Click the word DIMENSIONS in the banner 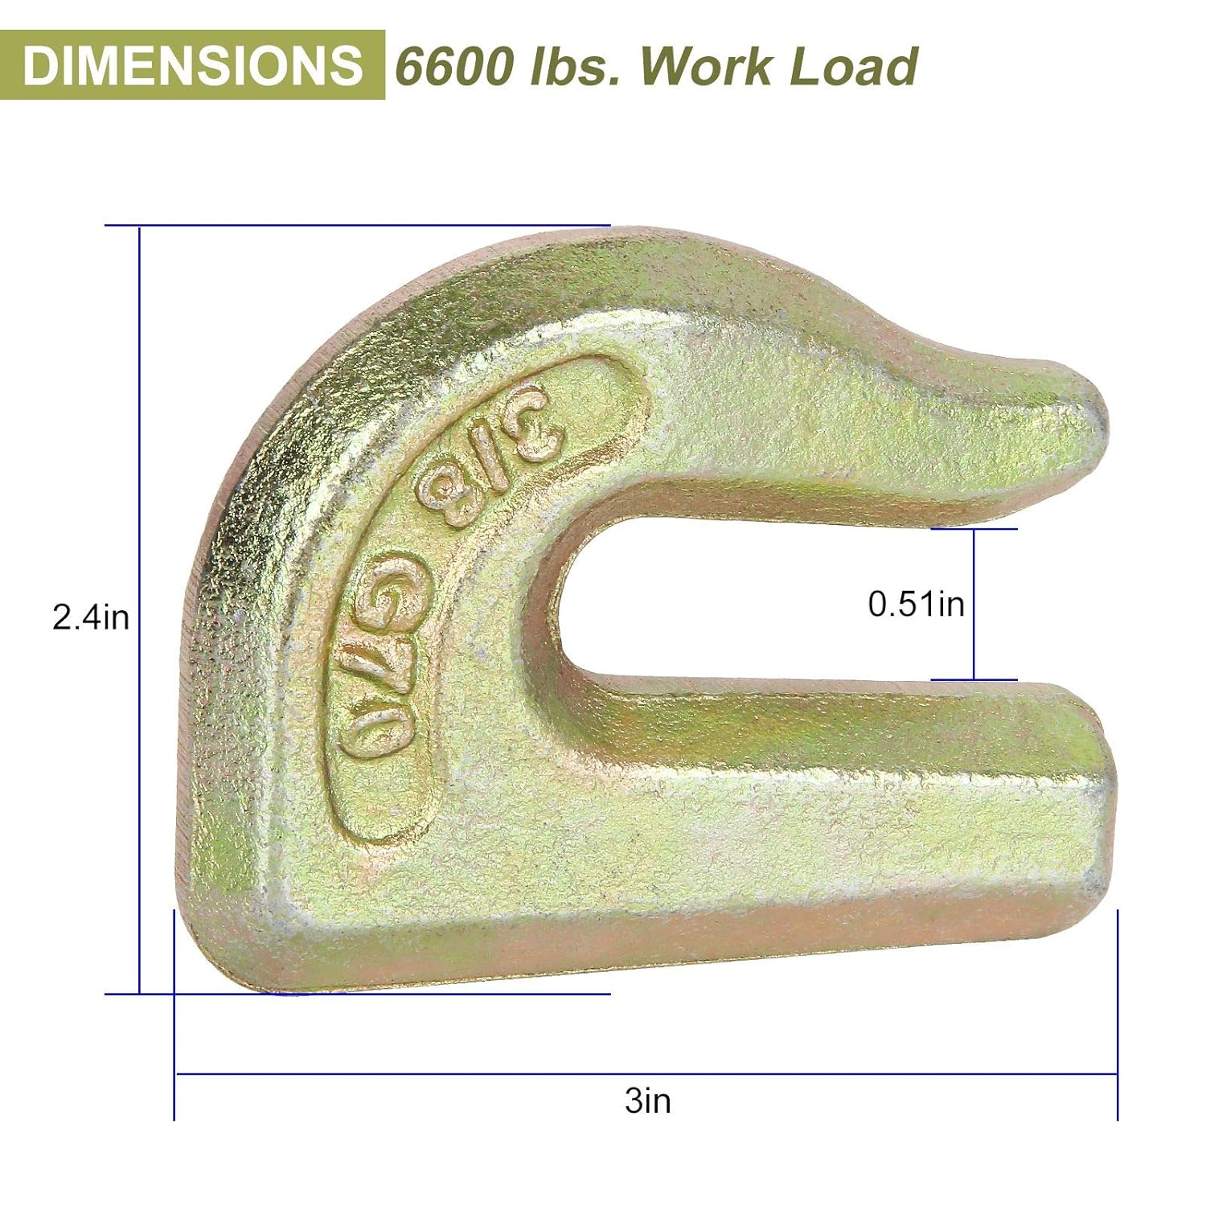(192, 65)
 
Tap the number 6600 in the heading (454, 66)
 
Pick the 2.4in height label (91, 617)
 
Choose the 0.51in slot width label (916, 604)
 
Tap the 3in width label (647, 1101)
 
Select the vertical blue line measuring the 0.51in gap (974, 604)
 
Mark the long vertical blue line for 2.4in (140, 611)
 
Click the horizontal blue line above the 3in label (647, 1073)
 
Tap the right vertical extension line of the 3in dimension (1118, 1013)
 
